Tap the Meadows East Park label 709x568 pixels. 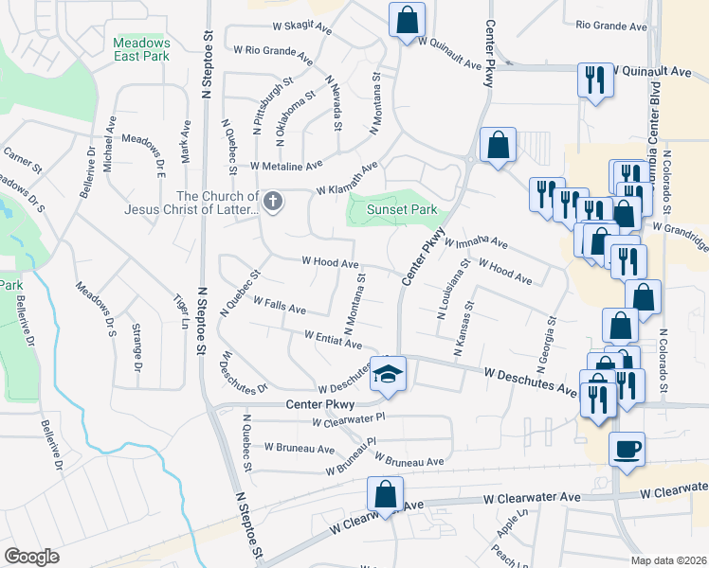coord(141,49)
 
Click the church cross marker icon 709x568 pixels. coord(273,201)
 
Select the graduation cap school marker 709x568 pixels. coord(387,374)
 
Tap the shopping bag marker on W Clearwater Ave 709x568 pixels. coord(386,495)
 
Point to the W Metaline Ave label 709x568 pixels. coord(287,167)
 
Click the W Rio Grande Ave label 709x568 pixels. coord(273,54)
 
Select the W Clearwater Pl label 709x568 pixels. coord(349,417)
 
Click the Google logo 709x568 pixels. coord(31,557)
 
